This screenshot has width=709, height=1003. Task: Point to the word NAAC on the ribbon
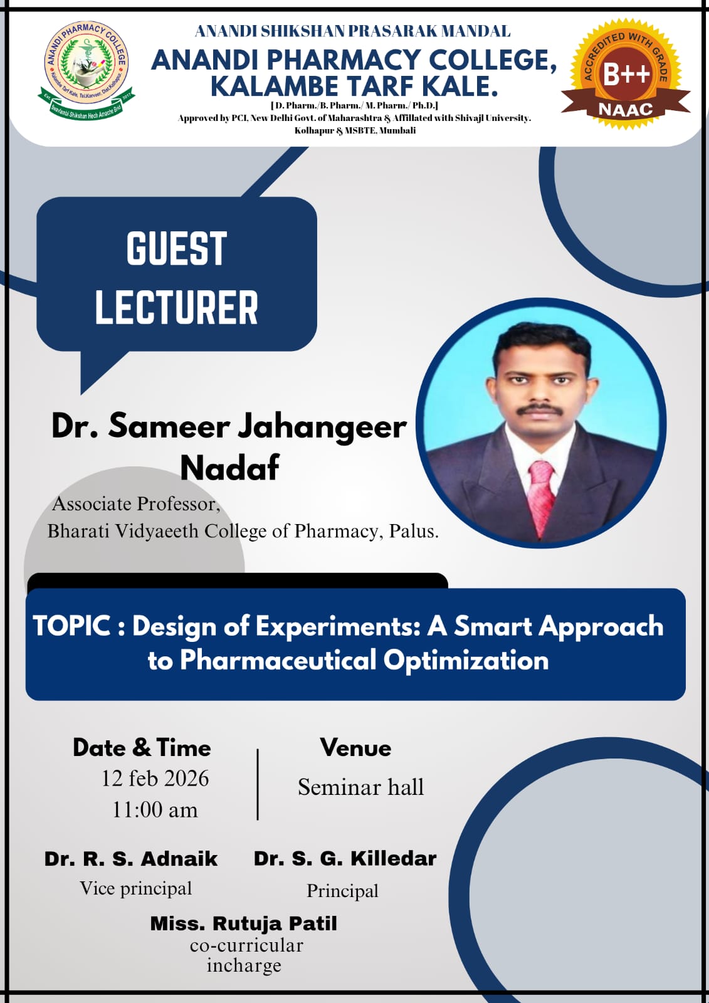coord(626,110)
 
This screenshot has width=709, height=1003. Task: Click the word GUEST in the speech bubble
coord(176,248)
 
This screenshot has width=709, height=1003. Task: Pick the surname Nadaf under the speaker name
coord(230,468)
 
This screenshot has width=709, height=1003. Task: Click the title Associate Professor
coord(136,504)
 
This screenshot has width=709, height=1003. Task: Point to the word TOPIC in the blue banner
coord(71,625)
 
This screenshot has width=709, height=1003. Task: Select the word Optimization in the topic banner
coord(466,660)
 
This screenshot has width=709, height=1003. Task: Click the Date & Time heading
coord(142,748)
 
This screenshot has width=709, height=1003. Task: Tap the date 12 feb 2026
coord(155,779)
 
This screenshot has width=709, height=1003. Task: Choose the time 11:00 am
coord(155,810)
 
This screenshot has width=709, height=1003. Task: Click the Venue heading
coord(355,748)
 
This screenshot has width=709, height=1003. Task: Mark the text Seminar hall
coord(360,787)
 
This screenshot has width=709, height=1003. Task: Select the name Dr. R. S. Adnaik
coord(131,859)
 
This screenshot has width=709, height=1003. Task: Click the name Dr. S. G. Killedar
coord(345,859)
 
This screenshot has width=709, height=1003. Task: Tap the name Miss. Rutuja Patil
coord(243,923)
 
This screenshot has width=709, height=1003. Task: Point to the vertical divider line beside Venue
coord(258,784)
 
